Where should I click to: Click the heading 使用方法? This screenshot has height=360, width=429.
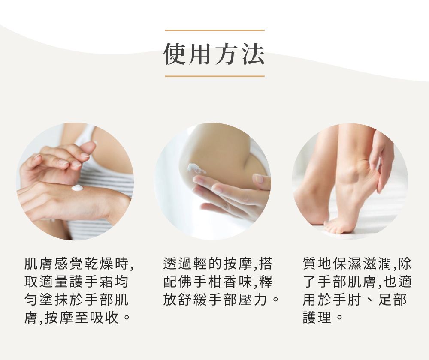click(x=214, y=54)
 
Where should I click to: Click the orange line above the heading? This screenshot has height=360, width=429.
click(x=214, y=30)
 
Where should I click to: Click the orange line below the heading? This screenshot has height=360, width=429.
click(x=214, y=76)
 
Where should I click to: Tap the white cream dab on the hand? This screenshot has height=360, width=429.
click(x=77, y=188)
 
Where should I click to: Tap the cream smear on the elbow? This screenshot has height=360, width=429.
click(x=196, y=168)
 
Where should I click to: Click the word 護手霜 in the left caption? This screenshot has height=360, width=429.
click(x=87, y=282)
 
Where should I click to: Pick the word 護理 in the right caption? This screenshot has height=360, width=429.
click(x=317, y=318)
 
